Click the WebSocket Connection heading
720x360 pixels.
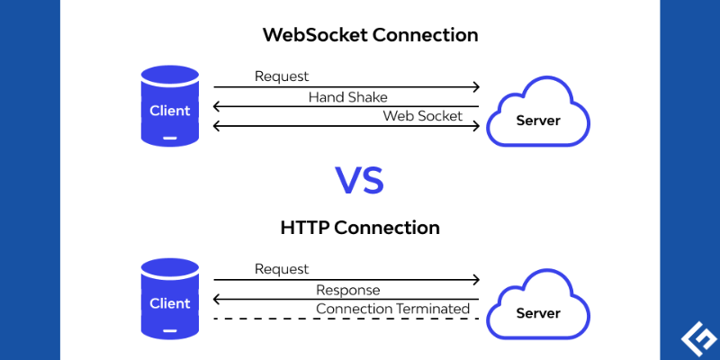pos(370,36)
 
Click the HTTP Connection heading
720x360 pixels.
pos(360,228)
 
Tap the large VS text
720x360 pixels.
pos(360,179)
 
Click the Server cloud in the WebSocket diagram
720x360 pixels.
pos(537,112)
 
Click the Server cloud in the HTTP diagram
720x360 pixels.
pos(537,306)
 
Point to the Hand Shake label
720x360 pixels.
pos(347,96)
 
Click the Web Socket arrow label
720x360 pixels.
pos(422,115)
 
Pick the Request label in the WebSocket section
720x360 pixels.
pos(282,76)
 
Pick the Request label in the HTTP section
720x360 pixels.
pos(282,269)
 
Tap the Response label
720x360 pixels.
pos(347,290)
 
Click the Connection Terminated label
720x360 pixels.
pos(392,309)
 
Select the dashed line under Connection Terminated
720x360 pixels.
pos(346,319)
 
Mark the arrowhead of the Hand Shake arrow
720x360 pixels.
pos(217,106)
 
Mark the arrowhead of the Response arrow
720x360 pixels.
pos(217,300)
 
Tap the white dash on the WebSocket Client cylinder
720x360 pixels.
pos(169,138)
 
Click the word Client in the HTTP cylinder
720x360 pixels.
pos(169,303)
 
